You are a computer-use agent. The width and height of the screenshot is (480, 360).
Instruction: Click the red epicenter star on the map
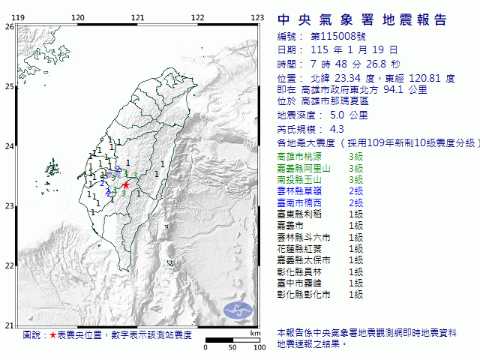pyautogui.click(x=126, y=184)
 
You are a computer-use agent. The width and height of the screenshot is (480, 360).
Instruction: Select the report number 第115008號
pyautogui.click(x=334, y=36)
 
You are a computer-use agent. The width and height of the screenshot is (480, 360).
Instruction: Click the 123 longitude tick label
pyautogui.click(x=256, y=17)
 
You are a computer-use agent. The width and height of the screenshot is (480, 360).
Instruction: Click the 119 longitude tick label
pyautogui.click(x=19, y=17)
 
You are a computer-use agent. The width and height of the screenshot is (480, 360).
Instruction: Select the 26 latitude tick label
pyautogui.click(x=9, y=26)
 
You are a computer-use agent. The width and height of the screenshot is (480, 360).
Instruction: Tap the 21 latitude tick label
pyautogui.click(x=9, y=325)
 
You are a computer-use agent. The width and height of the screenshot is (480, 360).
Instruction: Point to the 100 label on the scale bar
pyautogui.click(x=259, y=348)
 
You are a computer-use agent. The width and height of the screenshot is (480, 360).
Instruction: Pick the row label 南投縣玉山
pyautogui.click(x=298, y=179)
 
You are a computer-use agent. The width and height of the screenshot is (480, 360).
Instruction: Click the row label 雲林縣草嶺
pyautogui.click(x=298, y=191)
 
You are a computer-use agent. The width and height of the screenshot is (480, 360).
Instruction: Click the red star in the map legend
pyautogui.click(x=52, y=335)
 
